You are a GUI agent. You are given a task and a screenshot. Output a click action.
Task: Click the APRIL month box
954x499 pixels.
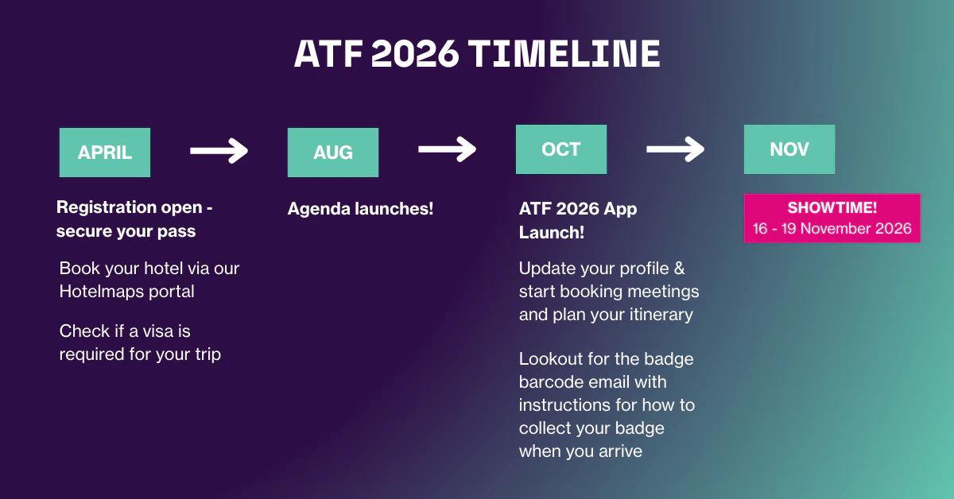pyautogui.click(x=105, y=153)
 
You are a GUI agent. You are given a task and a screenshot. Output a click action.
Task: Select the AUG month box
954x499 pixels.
pyautogui.click(x=333, y=153)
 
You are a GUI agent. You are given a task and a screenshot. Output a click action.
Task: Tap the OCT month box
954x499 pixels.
pyautogui.click(x=561, y=149)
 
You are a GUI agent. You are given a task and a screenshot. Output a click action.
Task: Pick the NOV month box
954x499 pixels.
pyautogui.click(x=789, y=149)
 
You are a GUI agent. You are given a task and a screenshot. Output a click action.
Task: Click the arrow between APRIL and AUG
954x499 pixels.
pyautogui.click(x=219, y=150)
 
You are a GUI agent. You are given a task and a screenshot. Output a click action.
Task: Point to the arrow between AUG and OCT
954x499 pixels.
pyautogui.click(x=447, y=149)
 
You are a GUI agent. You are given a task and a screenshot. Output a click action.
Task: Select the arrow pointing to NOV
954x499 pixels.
pyautogui.click(x=676, y=149)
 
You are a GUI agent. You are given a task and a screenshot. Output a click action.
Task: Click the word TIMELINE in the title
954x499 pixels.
pyautogui.click(x=564, y=54)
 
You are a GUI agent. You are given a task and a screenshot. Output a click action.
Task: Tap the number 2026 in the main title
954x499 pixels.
pyautogui.click(x=415, y=54)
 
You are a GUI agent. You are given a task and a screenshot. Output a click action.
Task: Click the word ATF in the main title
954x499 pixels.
pyautogui.click(x=328, y=54)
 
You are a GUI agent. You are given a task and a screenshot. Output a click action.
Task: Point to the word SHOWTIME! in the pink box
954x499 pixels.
pyautogui.click(x=832, y=207)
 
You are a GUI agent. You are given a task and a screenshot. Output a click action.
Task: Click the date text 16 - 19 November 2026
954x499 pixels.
pyautogui.click(x=832, y=229)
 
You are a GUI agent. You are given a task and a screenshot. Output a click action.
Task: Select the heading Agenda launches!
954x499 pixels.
pyautogui.click(x=360, y=209)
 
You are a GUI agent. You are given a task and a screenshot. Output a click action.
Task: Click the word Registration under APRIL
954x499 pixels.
pyautogui.click(x=106, y=208)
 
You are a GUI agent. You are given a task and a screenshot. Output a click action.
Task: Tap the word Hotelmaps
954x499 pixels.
pyautogui.click(x=100, y=292)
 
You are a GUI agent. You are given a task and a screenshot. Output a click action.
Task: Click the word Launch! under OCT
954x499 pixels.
pyautogui.click(x=552, y=233)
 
